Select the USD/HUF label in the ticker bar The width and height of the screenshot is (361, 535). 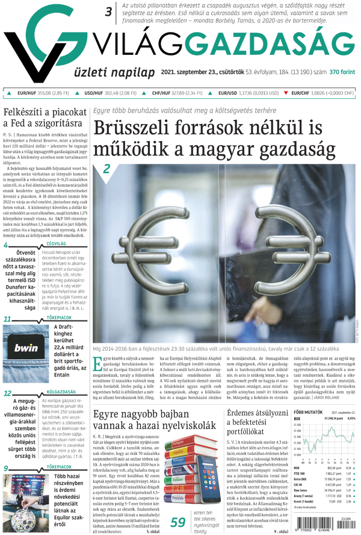[93, 93]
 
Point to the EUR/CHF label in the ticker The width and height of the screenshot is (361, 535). [302, 93]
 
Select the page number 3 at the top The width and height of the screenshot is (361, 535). [109, 11]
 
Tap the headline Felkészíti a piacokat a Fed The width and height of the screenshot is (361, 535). [44, 117]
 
